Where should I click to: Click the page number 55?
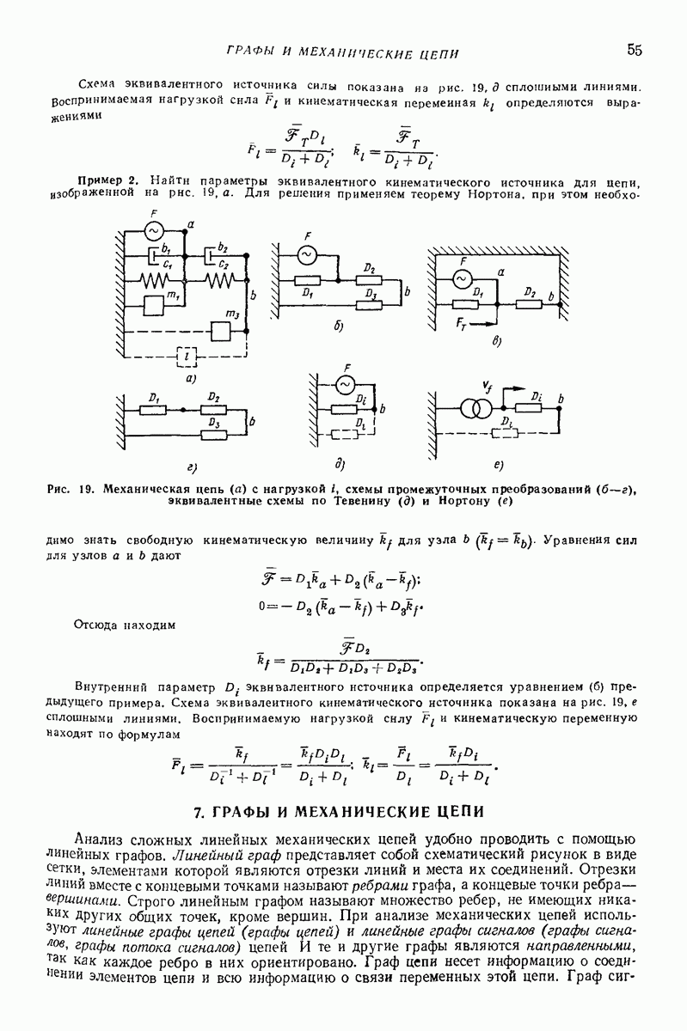point(635,50)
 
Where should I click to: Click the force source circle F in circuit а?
point(154,231)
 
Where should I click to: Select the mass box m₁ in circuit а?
point(156,304)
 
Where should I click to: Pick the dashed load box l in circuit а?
point(185,355)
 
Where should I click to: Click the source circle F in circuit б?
point(307,254)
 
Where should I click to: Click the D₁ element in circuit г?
point(156,408)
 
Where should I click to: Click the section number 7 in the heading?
point(199,810)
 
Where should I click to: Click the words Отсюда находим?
point(125,625)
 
